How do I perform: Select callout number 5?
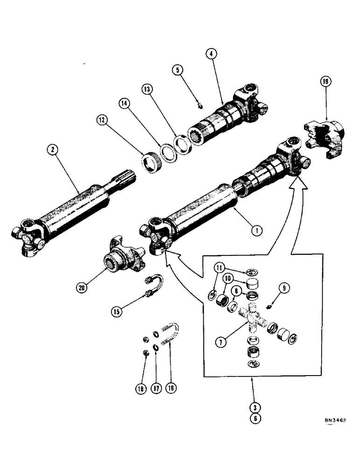(178, 70)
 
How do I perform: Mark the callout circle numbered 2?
(53, 150)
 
